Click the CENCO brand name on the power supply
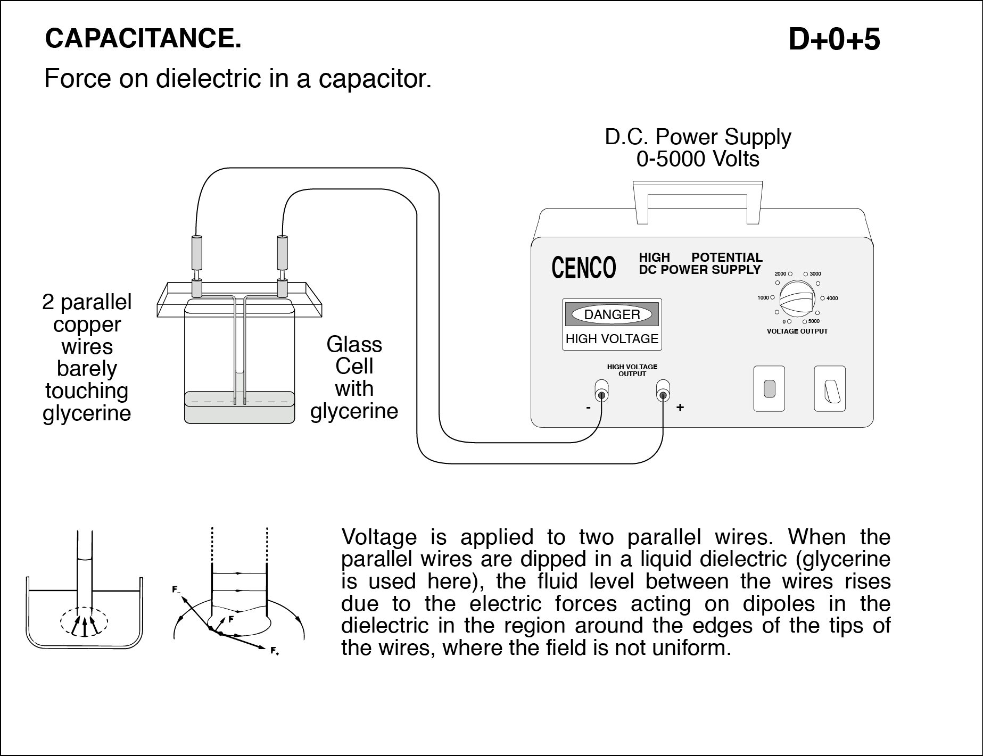(583, 268)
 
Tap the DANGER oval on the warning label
(612, 314)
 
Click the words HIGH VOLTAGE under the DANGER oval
(612, 339)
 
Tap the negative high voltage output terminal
(601, 395)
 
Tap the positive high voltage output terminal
(663, 395)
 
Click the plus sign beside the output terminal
(680, 408)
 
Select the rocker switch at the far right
(830, 389)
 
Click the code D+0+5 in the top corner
(834, 39)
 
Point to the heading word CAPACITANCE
(143, 38)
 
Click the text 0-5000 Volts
(697, 159)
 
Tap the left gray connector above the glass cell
(196, 253)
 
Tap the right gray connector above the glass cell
(282, 253)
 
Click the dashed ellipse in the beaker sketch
(84, 621)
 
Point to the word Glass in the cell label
(354, 345)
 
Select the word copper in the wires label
(87, 325)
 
